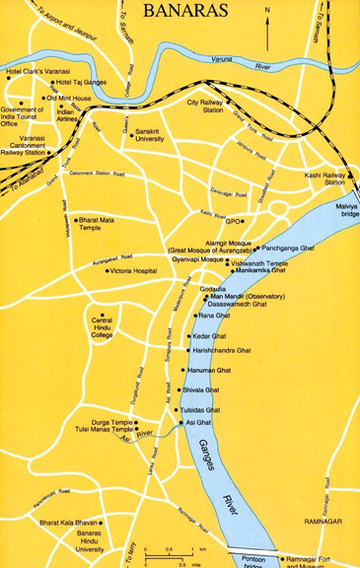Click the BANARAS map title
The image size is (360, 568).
coord(185,12)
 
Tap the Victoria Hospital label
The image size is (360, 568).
coord(134,270)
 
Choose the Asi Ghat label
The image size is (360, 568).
coord(198,422)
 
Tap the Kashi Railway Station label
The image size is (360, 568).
coord(326,177)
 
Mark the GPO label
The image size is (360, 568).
coord(233,221)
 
